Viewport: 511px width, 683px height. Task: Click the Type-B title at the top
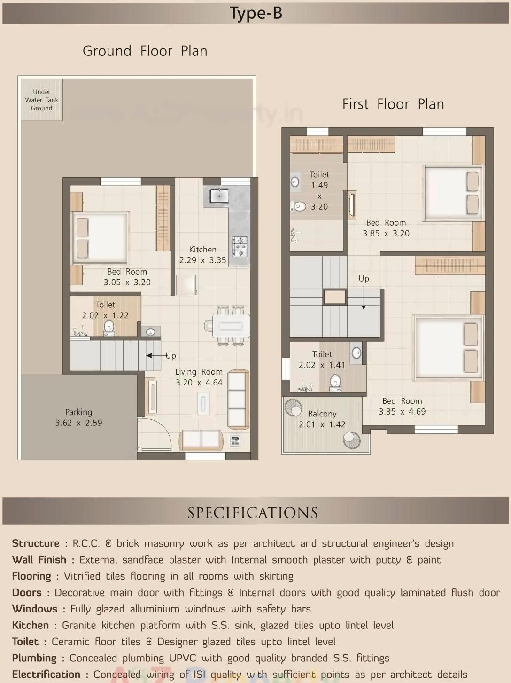255,13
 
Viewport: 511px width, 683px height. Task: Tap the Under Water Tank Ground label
42,100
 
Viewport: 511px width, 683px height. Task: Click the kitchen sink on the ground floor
219,196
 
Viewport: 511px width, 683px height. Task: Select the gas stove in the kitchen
240,246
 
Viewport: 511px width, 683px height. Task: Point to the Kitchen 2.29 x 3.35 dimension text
202,255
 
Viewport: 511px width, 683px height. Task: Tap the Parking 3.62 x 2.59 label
78,417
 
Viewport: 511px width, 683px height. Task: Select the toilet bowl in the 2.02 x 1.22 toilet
109,327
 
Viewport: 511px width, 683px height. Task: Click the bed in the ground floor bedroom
100,237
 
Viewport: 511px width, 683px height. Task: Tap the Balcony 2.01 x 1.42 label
322,419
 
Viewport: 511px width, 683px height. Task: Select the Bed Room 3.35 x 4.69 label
402,406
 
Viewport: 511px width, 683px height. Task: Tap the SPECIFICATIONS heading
253,512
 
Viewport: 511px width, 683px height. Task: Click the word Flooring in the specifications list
31,576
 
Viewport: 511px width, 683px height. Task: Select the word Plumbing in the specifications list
34,658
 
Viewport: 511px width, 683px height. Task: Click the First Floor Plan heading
393,104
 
